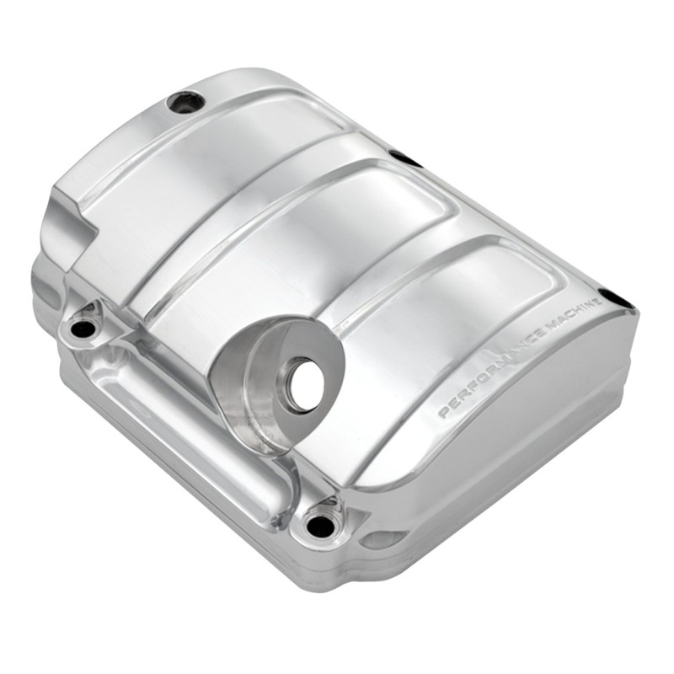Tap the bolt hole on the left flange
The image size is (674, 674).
(83, 329)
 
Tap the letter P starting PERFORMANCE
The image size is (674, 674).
(443, 413)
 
